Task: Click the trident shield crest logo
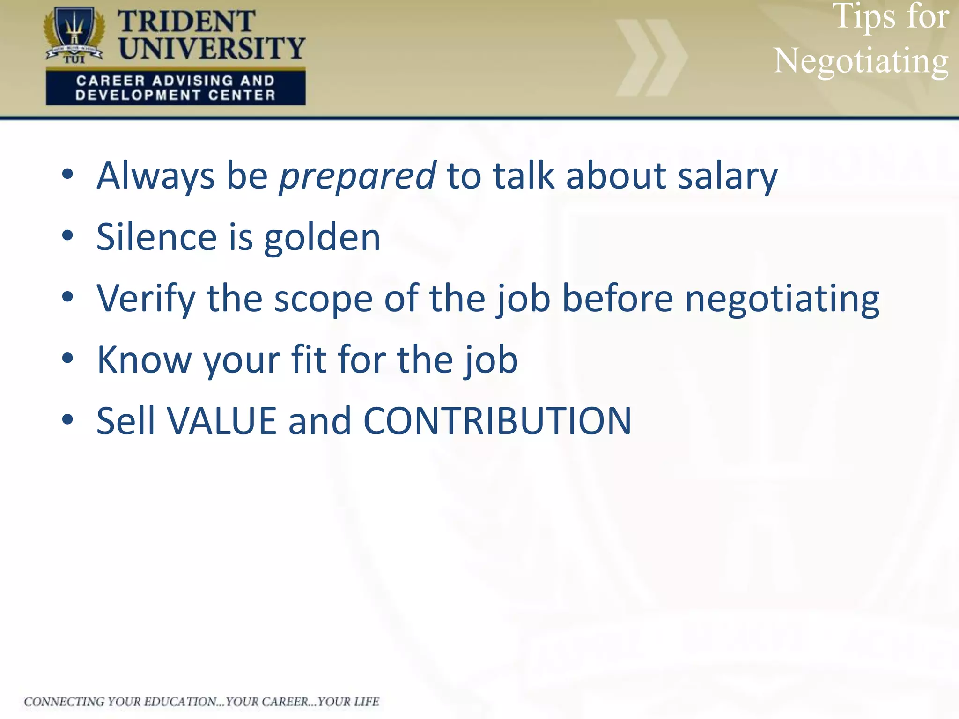[74, 34]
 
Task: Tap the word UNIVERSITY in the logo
[212, 48]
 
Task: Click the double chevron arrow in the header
[651, 58]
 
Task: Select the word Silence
[156, 237]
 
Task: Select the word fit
[309, 359]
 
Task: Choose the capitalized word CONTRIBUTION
[497, 421]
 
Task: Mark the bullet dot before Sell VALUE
[68, 419]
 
